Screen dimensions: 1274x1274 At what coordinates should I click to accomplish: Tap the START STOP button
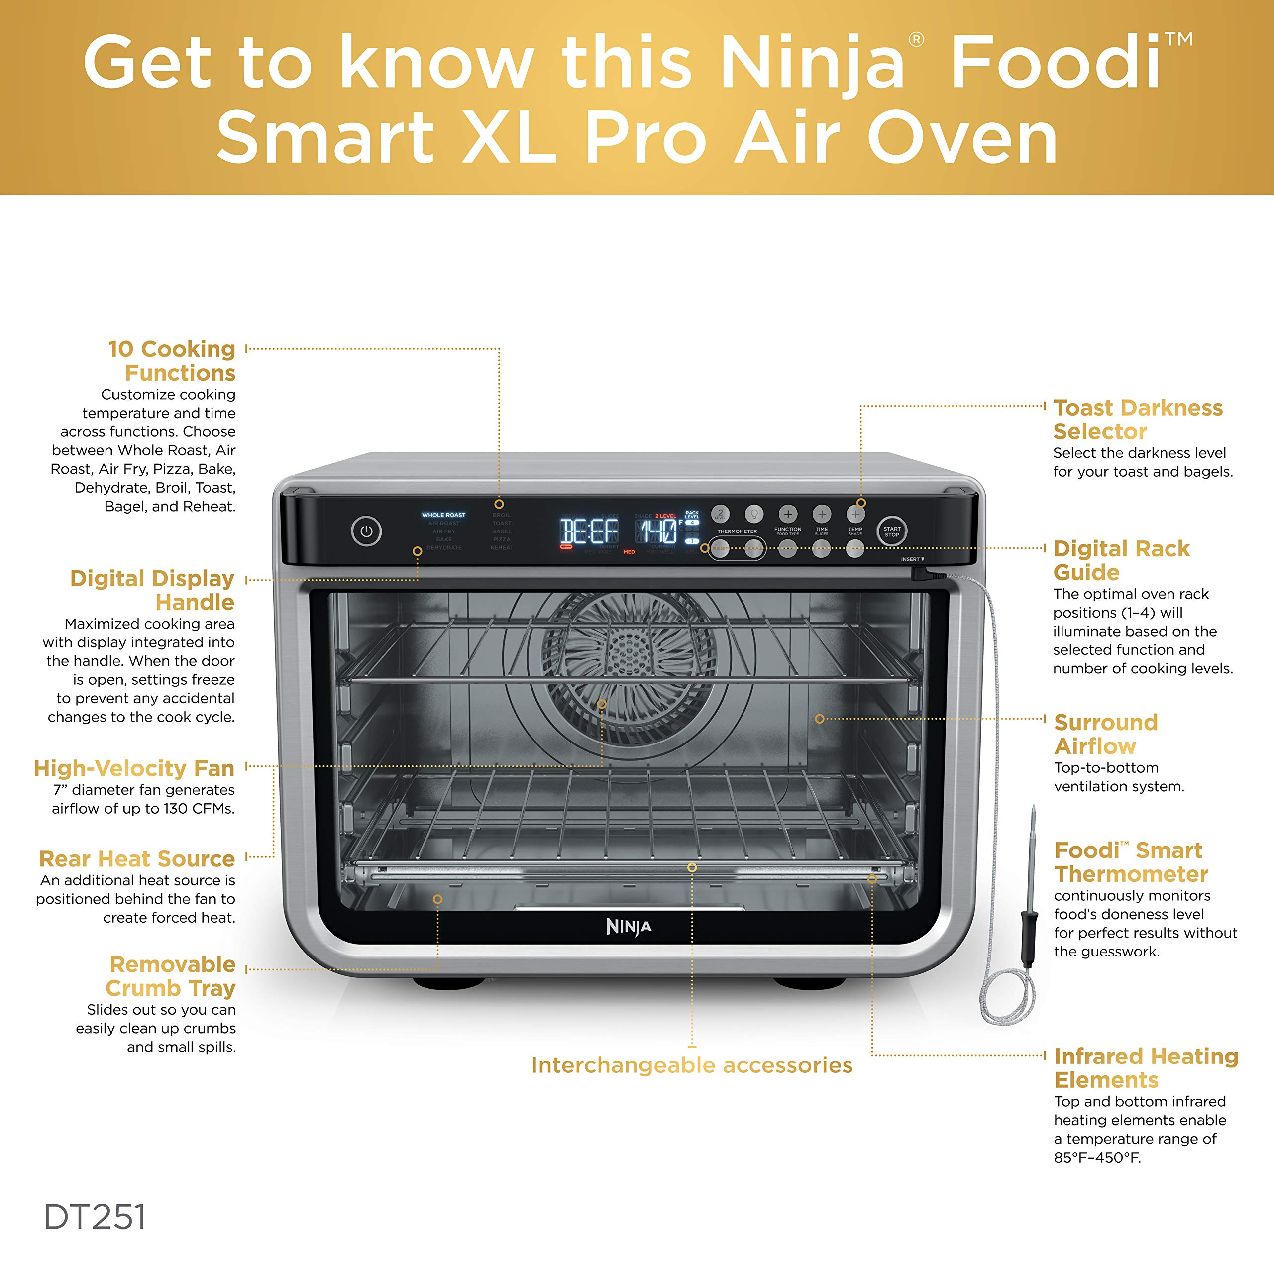pyautogui.click(x=891, y=531)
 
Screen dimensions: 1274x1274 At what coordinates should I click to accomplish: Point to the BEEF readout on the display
pyautogui.click(x=588, y=531)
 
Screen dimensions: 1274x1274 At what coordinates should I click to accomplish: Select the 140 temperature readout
pyautogui.click(x=657, y=531)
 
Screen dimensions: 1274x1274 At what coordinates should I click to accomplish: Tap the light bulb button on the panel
pyautogui.click(x=754, y=513)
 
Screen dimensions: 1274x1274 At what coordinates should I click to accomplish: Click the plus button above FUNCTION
pyautogui.click(x=787, y=514)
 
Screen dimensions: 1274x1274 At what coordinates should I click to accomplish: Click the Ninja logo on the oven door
pyautogui.click(x=629, y=927)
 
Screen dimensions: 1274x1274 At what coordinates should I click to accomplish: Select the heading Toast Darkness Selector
pyautogui.click(x=1138, y=420)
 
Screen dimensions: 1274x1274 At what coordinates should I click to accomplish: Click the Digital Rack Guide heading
pyautogui.click(x=1121, y=560)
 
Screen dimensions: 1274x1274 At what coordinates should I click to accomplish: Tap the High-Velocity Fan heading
pyautogui.click(x=134, y=768)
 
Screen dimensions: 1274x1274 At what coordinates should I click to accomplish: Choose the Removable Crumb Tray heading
pyautogui.click(x=172, y=976)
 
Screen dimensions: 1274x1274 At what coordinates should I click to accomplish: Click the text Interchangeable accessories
pyautogui.click(x=692, y=1065)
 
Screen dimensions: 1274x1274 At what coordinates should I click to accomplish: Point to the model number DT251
pyautogui.click(x=95, y=1217)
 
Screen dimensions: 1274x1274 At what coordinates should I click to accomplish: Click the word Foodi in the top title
pyautogui.click(x=1055, y=63)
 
